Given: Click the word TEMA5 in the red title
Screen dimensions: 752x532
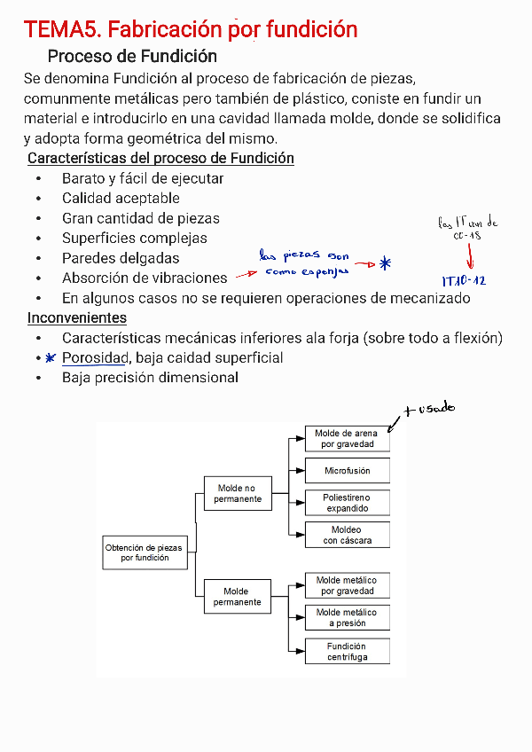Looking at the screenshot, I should tap(61, 29).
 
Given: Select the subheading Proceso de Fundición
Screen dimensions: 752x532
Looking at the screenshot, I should tap(132, 57).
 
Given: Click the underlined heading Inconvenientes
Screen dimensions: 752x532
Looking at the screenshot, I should tap(76, 317).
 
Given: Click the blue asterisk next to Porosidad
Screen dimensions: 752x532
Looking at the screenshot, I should tap(51, 357).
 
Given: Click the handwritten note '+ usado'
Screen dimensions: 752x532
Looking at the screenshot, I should tap(428, 409).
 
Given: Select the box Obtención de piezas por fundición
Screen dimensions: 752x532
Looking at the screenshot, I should tap(144, 553).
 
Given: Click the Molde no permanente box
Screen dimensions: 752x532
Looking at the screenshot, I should tap(237, 494).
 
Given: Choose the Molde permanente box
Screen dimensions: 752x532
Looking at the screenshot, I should tap(237, 597).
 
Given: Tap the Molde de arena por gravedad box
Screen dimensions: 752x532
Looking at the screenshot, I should tap(347, 439).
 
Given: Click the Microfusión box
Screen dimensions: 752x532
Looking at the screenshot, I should tap(347, 471).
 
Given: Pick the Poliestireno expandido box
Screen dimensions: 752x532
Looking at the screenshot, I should tap(347, 503).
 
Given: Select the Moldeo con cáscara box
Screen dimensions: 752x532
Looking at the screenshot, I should tap(347, 535).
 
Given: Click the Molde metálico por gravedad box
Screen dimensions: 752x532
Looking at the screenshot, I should tap(347, 585).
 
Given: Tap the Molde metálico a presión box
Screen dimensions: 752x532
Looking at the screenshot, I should tap(347, 617).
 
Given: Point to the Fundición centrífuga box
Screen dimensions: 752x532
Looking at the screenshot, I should tap(347, 652).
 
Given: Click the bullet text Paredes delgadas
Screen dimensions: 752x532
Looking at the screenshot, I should tap(121, 258).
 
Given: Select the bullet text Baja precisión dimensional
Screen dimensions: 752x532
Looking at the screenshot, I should tap(150, 378).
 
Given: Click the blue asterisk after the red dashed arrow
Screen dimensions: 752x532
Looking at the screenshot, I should tap(384, 263).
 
